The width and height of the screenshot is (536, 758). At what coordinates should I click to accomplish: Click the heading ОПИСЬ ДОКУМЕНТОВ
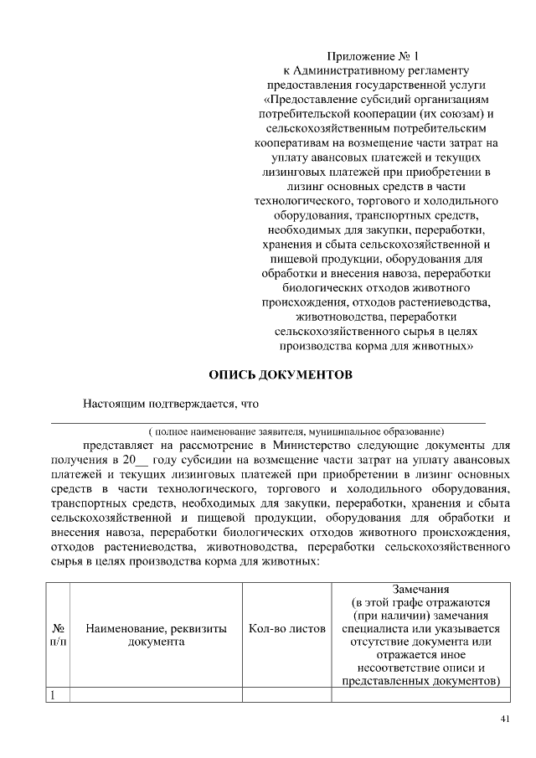click(280, 374)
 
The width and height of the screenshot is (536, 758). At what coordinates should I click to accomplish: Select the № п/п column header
click(59, 634)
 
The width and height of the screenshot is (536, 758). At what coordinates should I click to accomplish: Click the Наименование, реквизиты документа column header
click(156, 634)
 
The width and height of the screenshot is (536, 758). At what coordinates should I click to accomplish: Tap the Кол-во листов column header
click(286, 627)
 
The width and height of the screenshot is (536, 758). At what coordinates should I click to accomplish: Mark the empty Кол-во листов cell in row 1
click(286, 694)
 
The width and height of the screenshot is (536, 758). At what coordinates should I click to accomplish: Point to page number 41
click(504, 719)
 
